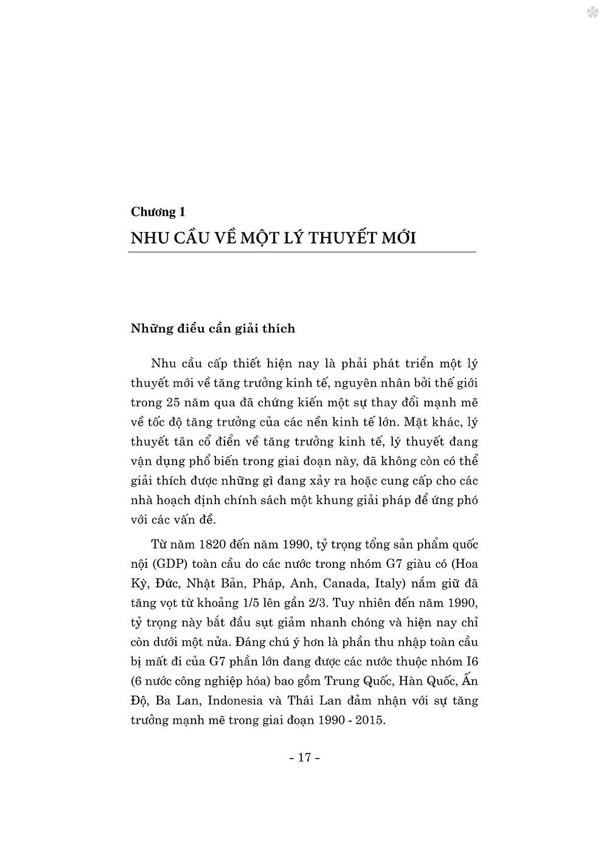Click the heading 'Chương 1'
[x=158, y=211]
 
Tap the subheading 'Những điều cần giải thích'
[x=213, y=329]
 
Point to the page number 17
[x=304, y=758]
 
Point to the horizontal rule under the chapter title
[x=302, y=252]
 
